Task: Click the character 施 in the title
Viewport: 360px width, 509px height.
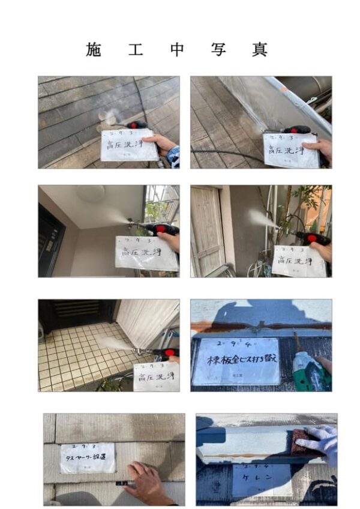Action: (x=94, y=50)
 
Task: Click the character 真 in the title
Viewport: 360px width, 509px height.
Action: (x=260, y=50)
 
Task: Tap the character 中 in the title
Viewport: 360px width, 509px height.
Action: (x=177, y=50)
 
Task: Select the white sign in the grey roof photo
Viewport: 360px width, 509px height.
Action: (x=129, y=145)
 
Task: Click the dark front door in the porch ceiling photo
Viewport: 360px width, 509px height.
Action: (x=50, y=240)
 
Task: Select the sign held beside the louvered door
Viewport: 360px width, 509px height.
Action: (x=298, y=260)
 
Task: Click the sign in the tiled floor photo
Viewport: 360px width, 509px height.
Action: (x=155, y=376)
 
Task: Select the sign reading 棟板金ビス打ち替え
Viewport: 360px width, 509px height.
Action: (x=236, y=361)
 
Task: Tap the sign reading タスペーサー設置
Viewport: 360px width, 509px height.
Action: (x=88, y=458)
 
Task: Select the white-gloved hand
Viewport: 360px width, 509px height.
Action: (x=319, y=442)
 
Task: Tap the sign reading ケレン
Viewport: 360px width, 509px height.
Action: (x=262, y=480)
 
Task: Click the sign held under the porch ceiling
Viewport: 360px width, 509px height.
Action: (x=146, y=253)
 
